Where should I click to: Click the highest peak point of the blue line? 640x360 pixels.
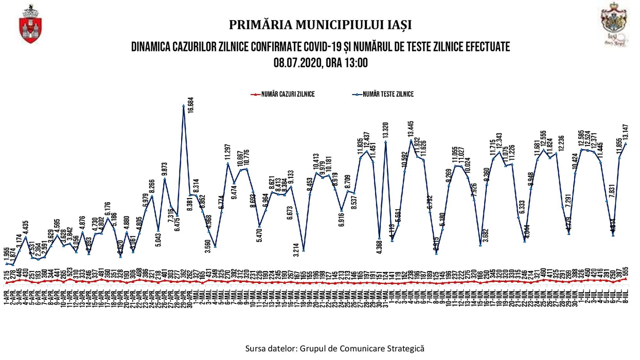pos(184,106)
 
